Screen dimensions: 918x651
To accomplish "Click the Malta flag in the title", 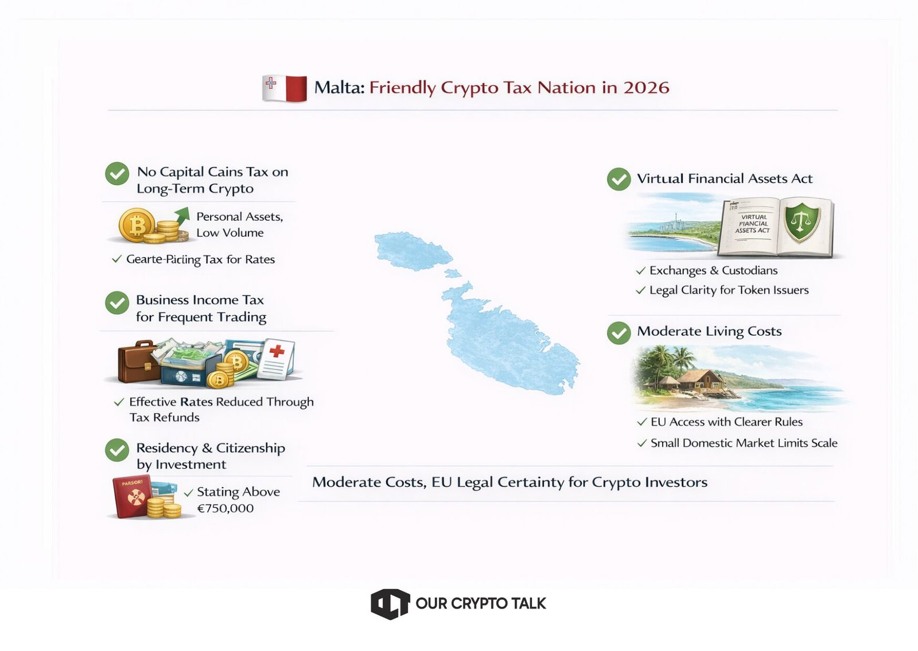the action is tap(285, 88).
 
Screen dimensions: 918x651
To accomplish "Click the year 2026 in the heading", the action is tap(646, 88).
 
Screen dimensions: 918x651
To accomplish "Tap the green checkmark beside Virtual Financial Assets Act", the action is tap(619, 179).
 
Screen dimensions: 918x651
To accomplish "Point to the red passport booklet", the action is tap(133, 497).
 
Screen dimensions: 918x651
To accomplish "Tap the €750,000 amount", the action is tap(225, 508).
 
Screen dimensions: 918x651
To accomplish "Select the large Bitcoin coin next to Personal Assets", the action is tap(137, 224).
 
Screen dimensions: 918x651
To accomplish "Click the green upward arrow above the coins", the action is tap(181, 216).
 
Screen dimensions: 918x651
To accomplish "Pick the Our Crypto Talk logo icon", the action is tap(390, 604).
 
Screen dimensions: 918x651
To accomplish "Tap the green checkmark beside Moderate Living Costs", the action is tap(619, 333).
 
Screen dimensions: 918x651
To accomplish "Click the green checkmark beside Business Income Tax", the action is tap(117, 303).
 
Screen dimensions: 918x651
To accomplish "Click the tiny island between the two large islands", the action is tap(453, 273).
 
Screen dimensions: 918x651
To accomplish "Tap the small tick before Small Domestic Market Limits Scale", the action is tap(642, 443).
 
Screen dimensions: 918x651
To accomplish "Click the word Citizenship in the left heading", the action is tap(250, 448).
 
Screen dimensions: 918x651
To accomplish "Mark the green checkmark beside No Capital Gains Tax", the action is tap(117, 174).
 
